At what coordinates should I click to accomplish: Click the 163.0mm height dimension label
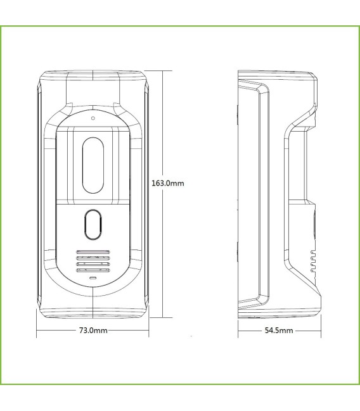(167, 184)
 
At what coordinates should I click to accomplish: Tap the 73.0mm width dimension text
(92, 331)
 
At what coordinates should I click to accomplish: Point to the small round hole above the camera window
(93, 118)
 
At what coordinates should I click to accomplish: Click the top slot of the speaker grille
(93, 251)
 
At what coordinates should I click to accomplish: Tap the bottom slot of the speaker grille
(93, 270)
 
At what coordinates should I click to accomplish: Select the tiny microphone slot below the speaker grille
(93, 278)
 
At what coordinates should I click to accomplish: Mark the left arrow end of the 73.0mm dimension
(37, 331)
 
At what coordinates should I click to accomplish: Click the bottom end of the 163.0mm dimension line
(164, 316)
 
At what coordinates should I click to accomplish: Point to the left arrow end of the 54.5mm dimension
(239, 331)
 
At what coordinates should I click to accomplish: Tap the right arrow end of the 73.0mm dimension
(148, 331)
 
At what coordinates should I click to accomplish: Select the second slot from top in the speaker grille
(93, 258)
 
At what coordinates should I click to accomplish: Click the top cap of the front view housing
(93, 79)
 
